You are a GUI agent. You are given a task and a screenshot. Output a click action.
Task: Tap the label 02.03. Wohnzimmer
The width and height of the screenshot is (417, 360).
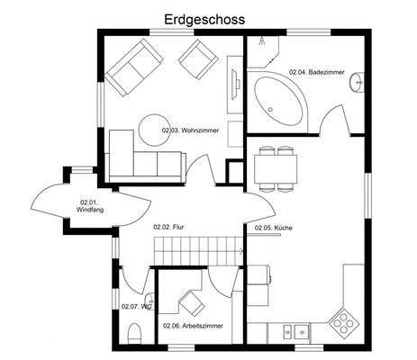point(192,131)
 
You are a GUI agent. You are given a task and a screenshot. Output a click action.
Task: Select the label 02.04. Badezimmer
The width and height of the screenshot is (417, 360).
point(314,71)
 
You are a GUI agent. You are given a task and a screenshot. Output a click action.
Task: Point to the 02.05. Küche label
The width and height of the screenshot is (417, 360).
point(274,229)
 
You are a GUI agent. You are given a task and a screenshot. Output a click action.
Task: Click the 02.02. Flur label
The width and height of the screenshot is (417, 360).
point(168,228)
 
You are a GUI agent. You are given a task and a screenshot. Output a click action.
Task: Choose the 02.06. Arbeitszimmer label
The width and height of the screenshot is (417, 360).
point(193,326)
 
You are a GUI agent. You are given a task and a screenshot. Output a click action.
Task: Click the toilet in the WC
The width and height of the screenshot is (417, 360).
point(135,336)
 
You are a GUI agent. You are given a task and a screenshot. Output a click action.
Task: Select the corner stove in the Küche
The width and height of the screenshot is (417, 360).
point(345,319)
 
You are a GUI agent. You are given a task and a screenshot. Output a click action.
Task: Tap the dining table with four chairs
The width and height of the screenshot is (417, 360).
point(276,167)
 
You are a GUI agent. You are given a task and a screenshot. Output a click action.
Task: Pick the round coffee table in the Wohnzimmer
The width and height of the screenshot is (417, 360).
point(154,127)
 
